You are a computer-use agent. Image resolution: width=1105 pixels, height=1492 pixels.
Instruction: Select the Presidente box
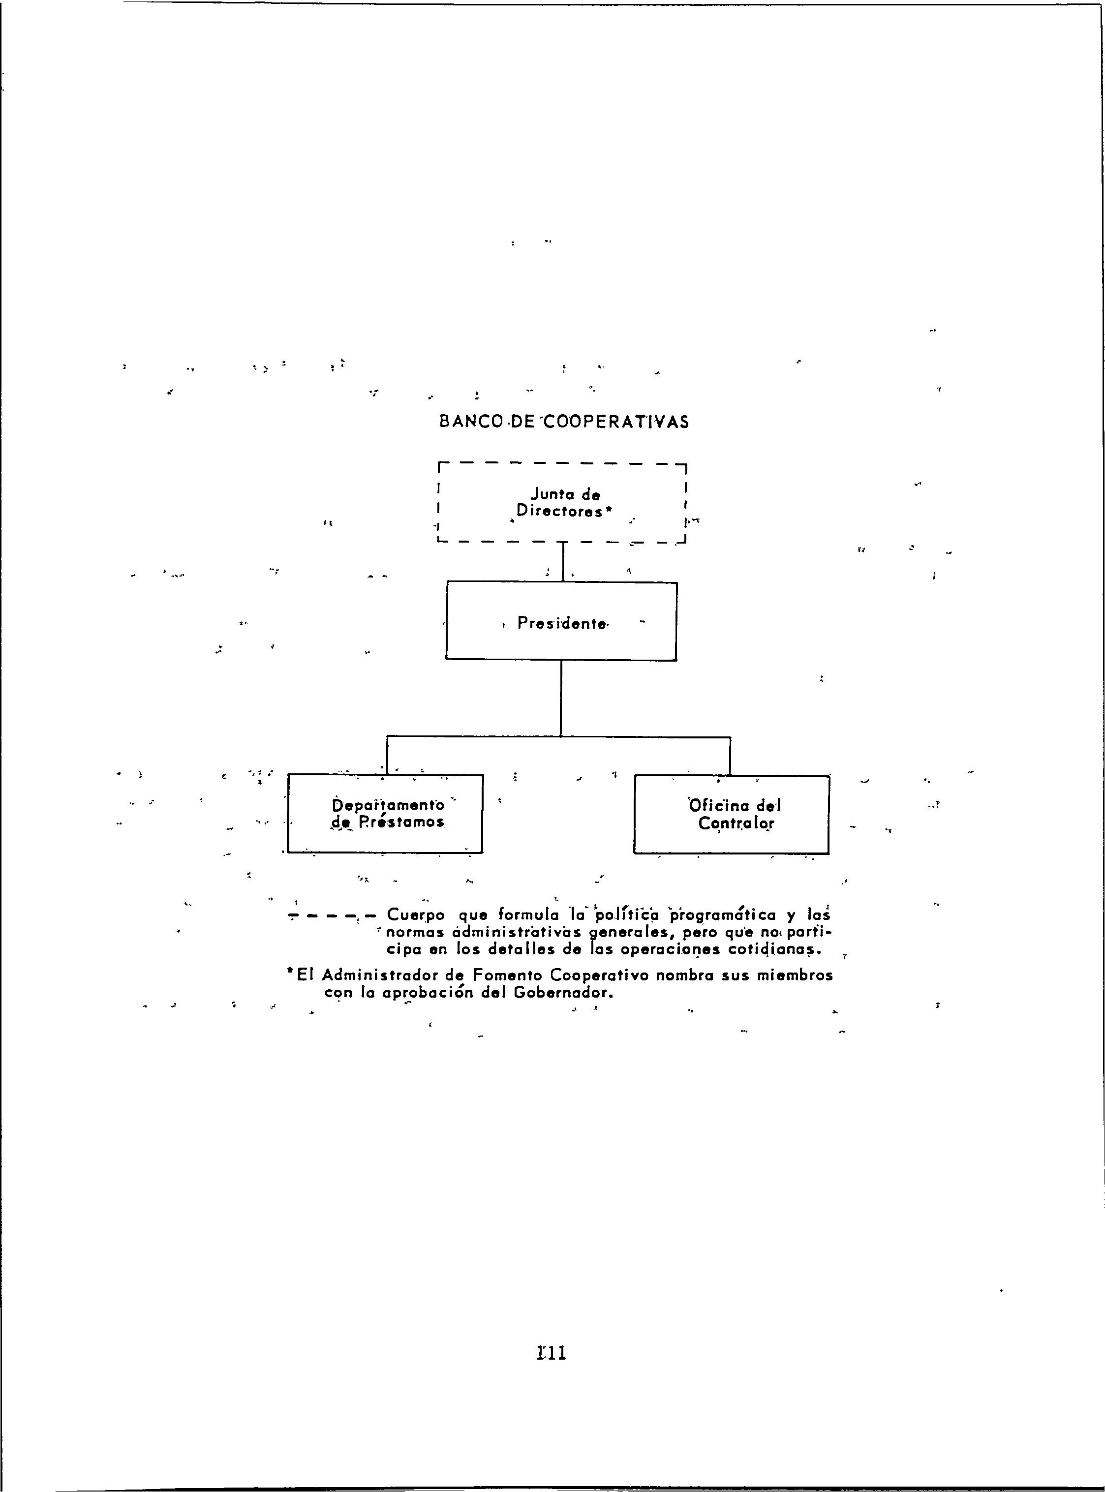pos(561,622)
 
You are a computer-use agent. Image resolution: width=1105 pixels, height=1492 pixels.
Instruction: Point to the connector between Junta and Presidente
pos(563,562)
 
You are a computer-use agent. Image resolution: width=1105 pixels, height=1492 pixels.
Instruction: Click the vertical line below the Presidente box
pos(560,699)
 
